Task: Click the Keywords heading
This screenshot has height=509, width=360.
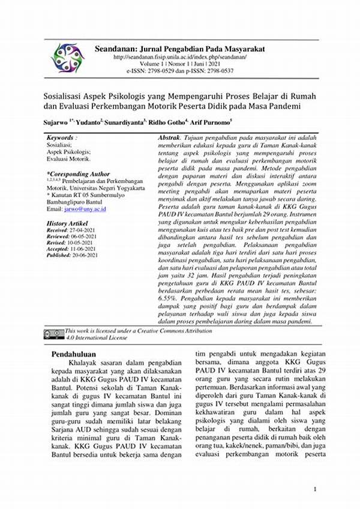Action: [62, 138]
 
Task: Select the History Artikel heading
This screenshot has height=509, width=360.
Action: [67, 223]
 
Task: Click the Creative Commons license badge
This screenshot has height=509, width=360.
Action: [53, 332]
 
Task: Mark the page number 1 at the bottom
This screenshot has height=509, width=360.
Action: [315, 490]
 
